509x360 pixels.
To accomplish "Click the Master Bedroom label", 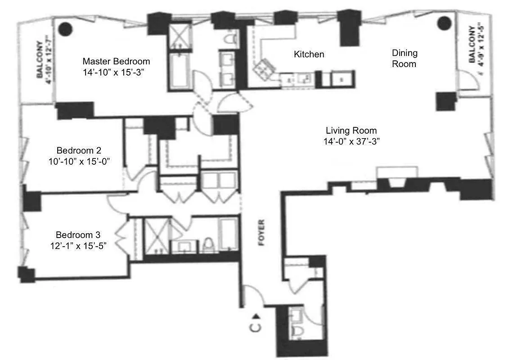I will (x=116, y=61).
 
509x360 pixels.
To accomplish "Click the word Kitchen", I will (x=309, y=54).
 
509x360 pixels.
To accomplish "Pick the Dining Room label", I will (x=404, y=58).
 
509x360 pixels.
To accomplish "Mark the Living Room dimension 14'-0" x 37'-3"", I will (x=351, y=141).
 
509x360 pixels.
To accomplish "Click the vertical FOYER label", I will (x=261, y=232).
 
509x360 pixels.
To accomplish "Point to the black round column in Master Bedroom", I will (x=67, y=28).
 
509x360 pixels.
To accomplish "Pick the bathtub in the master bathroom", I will (x=178, y=70).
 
